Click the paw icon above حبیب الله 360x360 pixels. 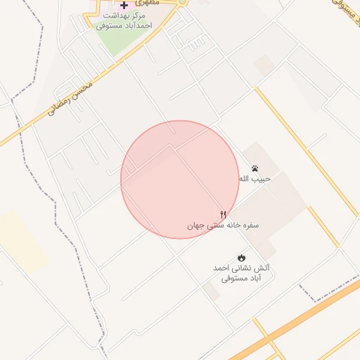point(254,169)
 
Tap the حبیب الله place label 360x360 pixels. point(254,179)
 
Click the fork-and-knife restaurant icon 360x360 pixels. point(224,214)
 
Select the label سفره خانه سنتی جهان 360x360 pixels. point(223,226)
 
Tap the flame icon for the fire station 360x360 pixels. point(242,258)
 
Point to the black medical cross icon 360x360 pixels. point(124,5)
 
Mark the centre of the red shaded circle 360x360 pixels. point(180,179)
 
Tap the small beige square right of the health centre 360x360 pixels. point(264,65)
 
